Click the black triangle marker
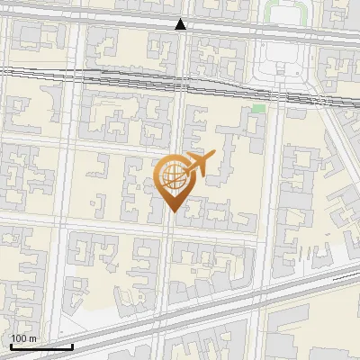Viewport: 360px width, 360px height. [x=181, y=24]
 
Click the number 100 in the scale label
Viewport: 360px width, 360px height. [x=19, y=338]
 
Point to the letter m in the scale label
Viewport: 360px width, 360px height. [x=33, y=338]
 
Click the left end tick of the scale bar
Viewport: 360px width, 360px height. [x=10, y=345]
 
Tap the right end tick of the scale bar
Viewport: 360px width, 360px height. [x=73, y=345]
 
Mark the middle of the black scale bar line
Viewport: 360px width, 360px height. [x=41, y=346]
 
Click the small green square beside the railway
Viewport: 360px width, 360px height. [x=259, y=109]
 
